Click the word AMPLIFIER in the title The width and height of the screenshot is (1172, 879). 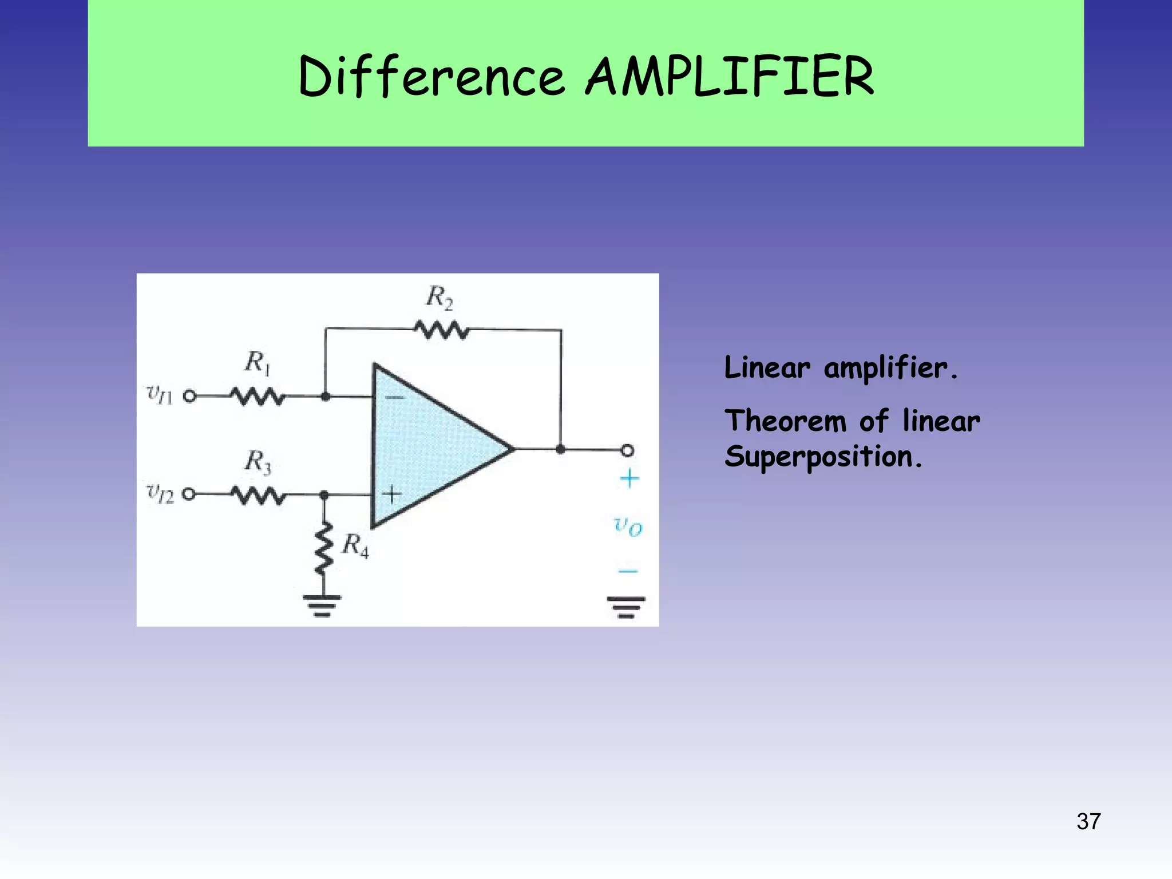click(x=730, y=77)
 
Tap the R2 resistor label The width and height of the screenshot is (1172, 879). click(x=439, y=298)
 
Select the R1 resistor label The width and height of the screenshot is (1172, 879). click(x=257, y=362)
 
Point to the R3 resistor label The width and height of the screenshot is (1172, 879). click(x=258, y=461)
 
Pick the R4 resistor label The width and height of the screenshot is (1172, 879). click(x=355, y=545)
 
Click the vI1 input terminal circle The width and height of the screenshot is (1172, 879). click(x=190, y=396)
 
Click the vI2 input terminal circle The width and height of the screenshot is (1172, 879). click(x=189, y=494)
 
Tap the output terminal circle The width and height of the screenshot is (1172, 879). click(x=627, y=450)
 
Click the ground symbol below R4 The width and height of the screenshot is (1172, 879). click(x=322, y=605)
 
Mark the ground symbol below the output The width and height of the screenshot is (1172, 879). click(x=626, y=607)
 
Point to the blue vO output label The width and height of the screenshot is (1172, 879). click(x=628, y=525)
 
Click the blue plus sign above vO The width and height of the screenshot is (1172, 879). click(x=629, y=478)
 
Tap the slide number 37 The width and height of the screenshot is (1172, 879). click(x=1088, y=822)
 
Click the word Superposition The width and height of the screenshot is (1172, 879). click(x=823, y=457)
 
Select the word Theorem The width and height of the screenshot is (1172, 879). click(x=785, y=422)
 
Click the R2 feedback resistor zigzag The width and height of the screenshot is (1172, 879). click(x=442, y=330)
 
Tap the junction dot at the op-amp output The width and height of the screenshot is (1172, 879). click(x=560, y=450)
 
